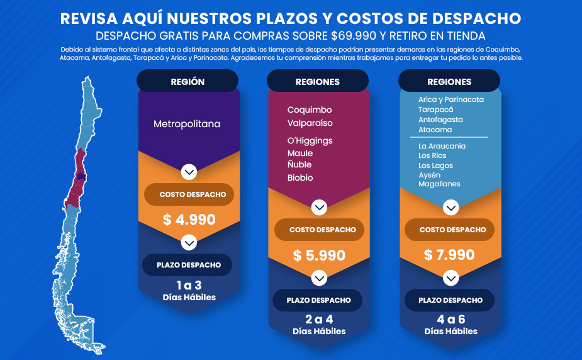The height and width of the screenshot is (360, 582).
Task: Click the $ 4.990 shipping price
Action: click(189, 220)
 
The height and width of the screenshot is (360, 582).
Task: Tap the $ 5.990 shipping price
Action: click(319, 256)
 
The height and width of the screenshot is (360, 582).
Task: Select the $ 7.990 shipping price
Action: click(449, 255)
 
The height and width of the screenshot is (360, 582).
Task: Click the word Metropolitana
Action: click(187, 124)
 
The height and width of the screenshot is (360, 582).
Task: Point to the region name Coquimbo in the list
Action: click(310, 110)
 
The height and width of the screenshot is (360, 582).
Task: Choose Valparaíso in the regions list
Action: click(310, 123)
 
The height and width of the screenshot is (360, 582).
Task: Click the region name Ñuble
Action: click(299, 164)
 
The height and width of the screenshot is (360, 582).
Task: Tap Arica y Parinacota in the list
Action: click(451, 99)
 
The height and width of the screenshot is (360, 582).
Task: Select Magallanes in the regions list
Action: click(439, 184)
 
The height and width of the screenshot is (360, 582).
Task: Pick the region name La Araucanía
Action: click(442, 146)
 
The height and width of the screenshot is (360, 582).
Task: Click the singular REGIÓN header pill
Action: click(187, 81)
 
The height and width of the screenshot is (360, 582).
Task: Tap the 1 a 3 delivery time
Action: click(189, 285)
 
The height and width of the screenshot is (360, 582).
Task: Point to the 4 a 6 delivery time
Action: click(451, 319)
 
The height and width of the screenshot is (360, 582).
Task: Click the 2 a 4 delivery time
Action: click(319, 319)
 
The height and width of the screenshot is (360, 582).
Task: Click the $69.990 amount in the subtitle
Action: click(354, 36)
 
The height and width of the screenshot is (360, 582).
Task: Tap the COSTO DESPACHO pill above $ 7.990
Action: click(449, 230)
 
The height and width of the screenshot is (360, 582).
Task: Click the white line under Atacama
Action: click(449, 137)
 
